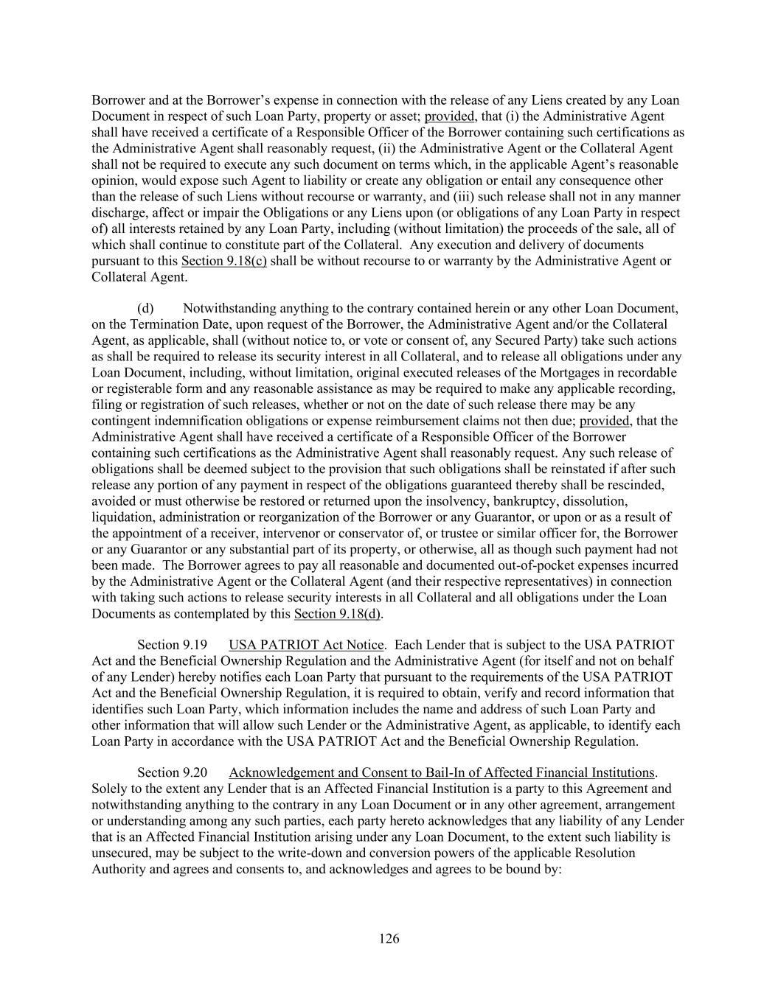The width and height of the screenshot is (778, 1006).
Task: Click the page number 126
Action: [x=389, y=938]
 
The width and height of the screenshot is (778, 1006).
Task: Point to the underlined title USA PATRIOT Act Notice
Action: [x=306, y=645]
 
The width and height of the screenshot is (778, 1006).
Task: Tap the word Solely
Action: [x=110, y=789]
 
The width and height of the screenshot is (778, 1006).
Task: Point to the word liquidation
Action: [x=122, y=517]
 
